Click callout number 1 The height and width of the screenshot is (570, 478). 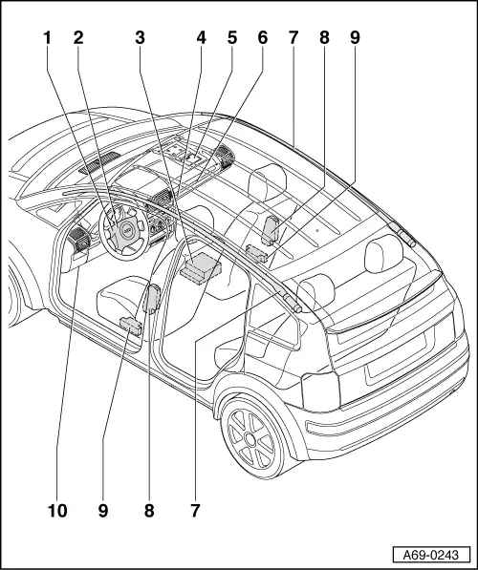click(46, 38)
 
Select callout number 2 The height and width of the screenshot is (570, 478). click(78, 38)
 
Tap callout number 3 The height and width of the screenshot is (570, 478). click(140, 38)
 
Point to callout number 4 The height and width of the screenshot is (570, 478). click(201, 38)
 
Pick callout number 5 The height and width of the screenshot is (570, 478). click(231, 38)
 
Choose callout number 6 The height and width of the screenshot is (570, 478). click(262, 38)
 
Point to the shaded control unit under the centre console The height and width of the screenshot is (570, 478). click(202, 266)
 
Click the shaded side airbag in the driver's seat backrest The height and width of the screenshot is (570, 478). click(152, 298)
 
